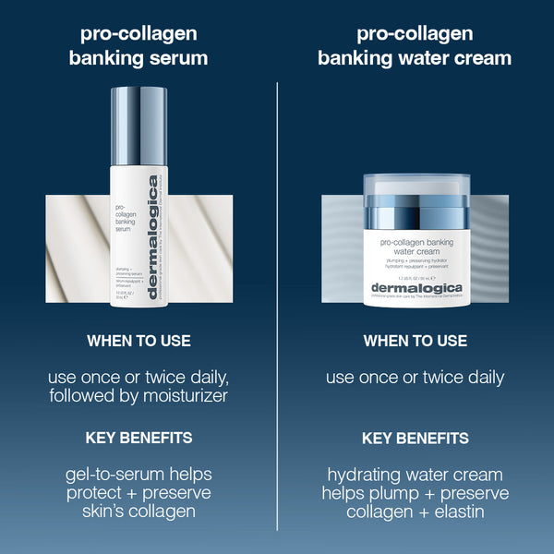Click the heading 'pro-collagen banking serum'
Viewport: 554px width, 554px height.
click(x=138, y=46)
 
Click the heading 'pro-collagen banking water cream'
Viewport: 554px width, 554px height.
click(x=415, y=46)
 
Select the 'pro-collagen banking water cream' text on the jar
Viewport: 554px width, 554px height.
click(x=415, y=250)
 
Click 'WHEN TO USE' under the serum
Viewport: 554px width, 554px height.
click(x=138, y=342)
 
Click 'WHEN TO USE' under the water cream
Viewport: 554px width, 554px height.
click(x=415, y=342)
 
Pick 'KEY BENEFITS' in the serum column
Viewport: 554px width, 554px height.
click(x=138, y=438)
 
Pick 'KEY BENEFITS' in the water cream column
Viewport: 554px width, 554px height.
click(x=415, y=438)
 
